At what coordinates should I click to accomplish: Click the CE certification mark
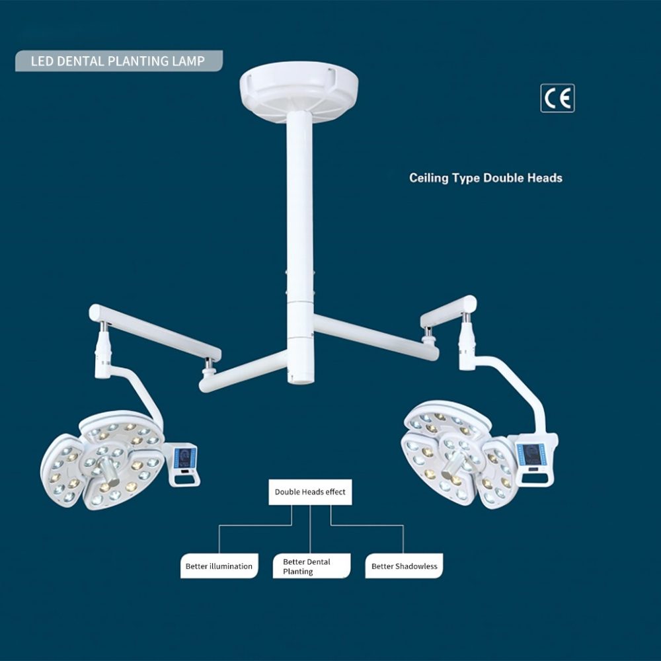[x=557, y=98]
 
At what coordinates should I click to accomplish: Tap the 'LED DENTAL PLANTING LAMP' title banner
[x=119, y=61]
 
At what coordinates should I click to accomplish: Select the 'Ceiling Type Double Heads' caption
[x=486, y=178]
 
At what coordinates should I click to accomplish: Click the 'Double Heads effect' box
[x=310, y=492]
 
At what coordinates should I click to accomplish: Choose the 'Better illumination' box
[x=219, y=566]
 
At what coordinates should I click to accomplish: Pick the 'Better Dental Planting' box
[x=311, y=566]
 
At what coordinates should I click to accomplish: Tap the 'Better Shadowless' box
[x=404, y=566]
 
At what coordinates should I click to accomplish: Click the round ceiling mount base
[x=299, y=92]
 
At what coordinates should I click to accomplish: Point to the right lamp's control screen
[x=529, y=455]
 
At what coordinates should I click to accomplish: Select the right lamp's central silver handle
[x=453, y=463]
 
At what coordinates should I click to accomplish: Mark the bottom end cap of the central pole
[x=301, y=381]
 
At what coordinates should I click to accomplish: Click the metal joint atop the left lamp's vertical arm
[x=103, y=327]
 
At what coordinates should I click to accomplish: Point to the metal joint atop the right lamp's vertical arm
[x=466, y=317]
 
